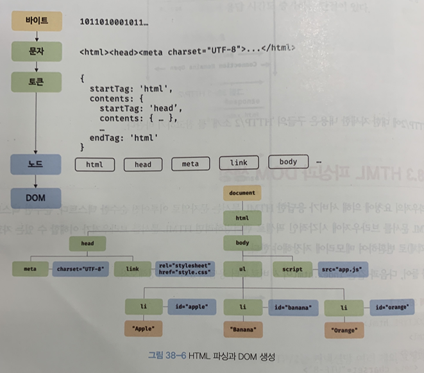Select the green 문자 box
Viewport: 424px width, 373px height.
click(x=36, y=50)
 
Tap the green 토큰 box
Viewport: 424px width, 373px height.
click(x=36, y=82)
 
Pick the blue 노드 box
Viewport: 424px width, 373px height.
click(x=36, y=164)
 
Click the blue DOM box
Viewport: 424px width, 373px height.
click(x=36, y=196)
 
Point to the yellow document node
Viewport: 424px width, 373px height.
click(x=242, y=193)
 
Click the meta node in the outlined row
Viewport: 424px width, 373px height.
click(x=190, y=164)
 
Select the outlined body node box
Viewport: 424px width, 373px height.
click(x=288, y=162)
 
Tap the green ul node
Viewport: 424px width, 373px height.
click(x=242, y=269)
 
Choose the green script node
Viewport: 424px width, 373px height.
click(x=292, y=269)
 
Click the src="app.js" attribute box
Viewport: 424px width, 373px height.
click(x=339, y=269)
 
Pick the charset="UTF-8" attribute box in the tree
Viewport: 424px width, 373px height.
click(x=80, y=270)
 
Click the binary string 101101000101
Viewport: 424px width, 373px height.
click(x=114, y=22)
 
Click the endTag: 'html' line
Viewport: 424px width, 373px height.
click(x=123, y=137)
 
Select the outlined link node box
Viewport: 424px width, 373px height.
click(x=238, y=163)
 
